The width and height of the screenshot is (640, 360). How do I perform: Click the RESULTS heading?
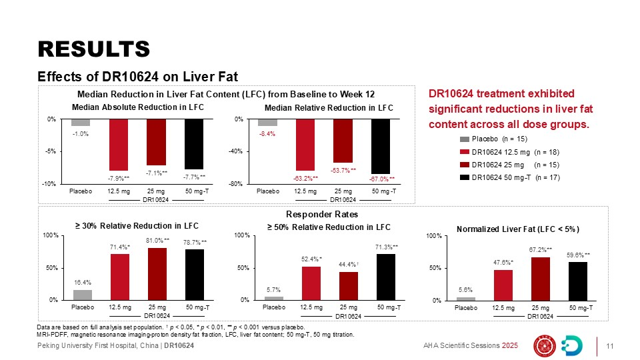tap(93, 48)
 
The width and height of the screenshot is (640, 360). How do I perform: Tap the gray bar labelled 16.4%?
tap(83, 295)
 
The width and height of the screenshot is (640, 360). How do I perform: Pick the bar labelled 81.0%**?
tap(157, 274)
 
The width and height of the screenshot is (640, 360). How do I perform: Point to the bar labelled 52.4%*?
tap(311, 283)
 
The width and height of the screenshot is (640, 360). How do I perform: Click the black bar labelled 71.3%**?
tap(385, 277)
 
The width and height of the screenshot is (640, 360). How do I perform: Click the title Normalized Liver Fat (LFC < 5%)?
tap(518, 229)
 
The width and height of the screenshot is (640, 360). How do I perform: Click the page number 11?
tap(609, 345)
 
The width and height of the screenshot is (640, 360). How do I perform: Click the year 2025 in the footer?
tap(510, 345)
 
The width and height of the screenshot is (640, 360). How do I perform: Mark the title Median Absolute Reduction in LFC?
tap(137, 107)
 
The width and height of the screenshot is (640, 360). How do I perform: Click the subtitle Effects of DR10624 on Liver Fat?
tap(137, 75)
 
